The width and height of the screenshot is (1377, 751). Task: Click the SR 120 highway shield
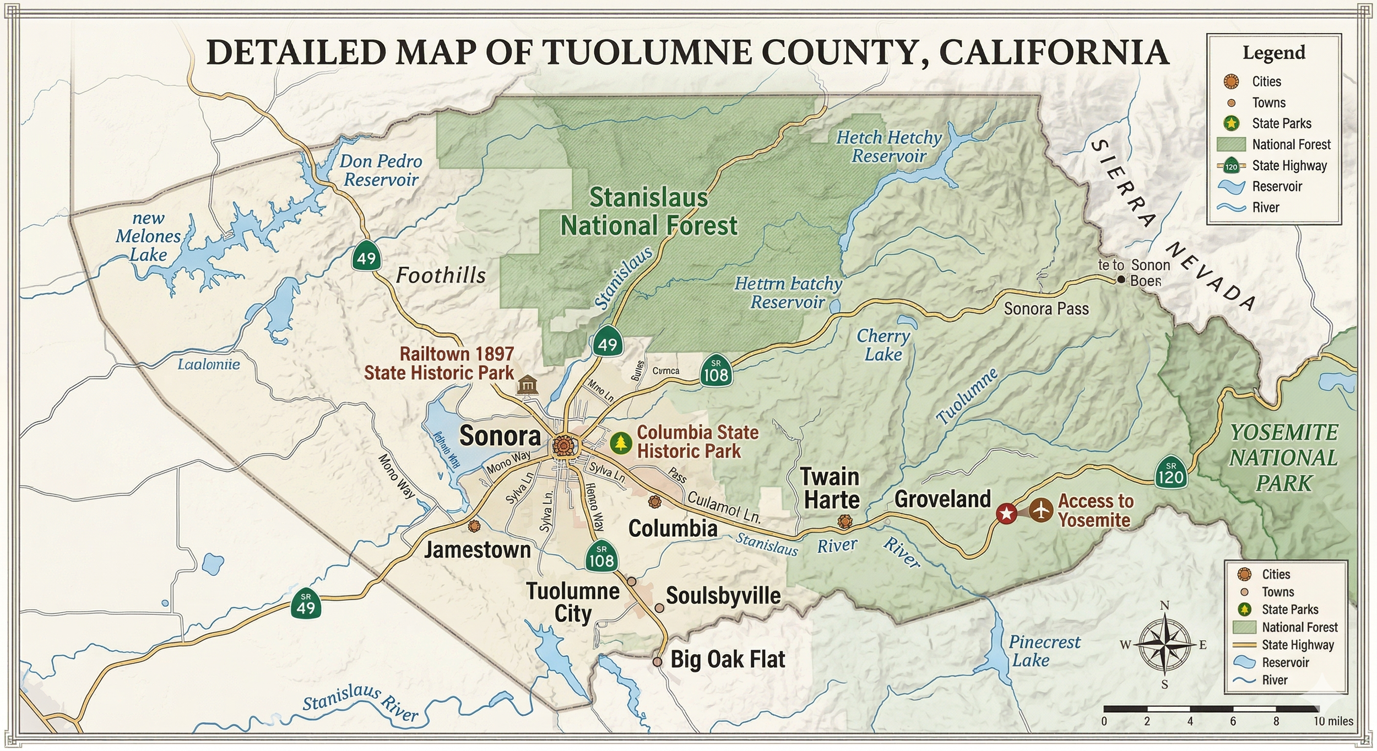(x=1170, y=471)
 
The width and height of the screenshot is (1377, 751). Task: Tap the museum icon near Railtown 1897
(x=527, y=384)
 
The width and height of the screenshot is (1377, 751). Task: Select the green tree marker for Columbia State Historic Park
(x=621, y=442)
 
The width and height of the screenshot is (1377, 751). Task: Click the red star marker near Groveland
(x=1006, y=514)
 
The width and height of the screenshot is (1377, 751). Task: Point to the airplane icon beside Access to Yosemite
(x=1040, y=510)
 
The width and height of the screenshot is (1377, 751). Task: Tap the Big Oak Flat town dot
(x=657, y=661)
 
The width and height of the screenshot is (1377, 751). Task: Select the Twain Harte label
(x=831, y=488)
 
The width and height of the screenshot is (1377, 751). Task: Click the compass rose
(x=1164, y=645)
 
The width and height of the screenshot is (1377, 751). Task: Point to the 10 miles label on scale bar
(x=1333, y=721)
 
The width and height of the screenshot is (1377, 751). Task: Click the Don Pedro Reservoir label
(x=380, y=170)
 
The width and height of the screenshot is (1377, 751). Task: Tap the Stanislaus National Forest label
(x=648, y=212)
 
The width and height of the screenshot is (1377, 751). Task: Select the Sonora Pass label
(x=1046, y=309)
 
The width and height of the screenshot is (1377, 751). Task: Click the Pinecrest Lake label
(x=1044, y=651)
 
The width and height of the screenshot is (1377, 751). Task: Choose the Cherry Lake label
(x=883, y=345)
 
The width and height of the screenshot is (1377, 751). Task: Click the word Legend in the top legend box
(x=1273, y=53)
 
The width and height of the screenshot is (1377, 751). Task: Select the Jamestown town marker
(x=473, y=526)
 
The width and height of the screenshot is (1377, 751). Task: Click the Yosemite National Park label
(x=1283, y=458)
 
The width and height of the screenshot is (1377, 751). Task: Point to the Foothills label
(x=441, y=275)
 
